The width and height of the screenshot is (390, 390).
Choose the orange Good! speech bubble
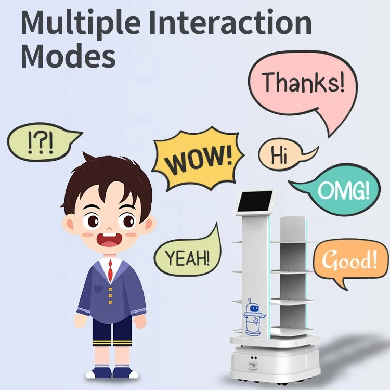pyautogui.click(x=349, y=260)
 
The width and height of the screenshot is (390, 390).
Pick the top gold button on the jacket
pyautogui.click(x=110, y=289)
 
